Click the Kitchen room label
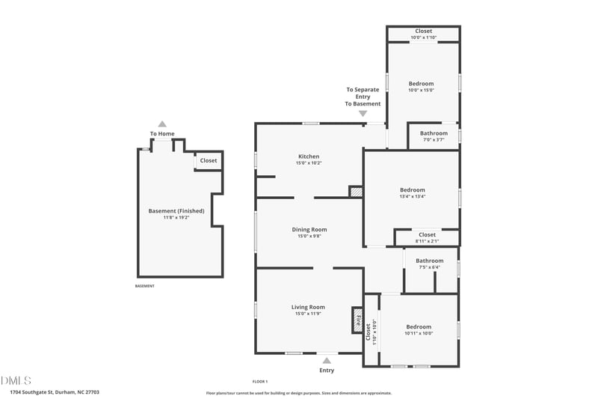308,156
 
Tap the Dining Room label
308,230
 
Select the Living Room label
308,306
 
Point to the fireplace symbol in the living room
357,320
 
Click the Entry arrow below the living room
327,360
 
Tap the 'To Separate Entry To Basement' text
363,97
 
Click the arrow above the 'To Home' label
162,124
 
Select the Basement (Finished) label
176,211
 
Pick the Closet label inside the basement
208,160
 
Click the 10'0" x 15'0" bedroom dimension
421,90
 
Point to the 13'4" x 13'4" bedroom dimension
412,197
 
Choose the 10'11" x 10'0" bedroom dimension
419,333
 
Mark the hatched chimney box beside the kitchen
356,192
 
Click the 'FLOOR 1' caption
259,382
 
